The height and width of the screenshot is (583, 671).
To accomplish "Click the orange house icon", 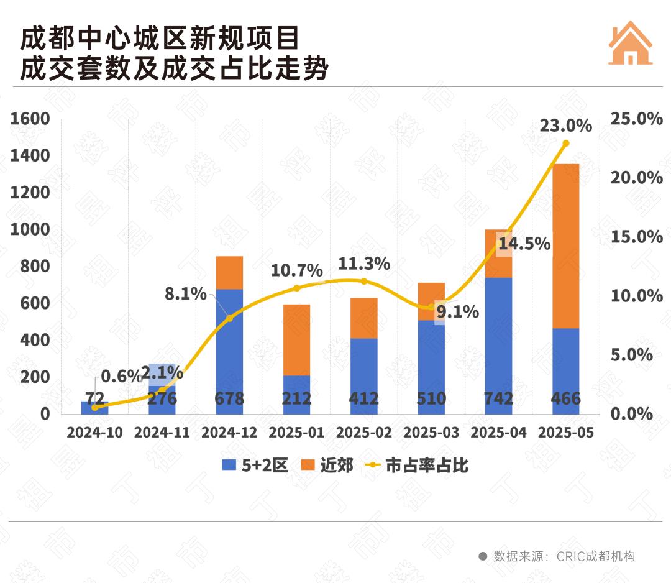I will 630,43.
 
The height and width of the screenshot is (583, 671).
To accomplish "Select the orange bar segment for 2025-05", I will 565,246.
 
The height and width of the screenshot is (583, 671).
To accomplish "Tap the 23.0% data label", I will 565,126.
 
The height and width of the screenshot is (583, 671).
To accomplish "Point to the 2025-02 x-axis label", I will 363,432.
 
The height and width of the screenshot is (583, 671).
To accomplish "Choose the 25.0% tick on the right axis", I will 637,119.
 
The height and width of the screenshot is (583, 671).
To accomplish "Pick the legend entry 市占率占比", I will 416,466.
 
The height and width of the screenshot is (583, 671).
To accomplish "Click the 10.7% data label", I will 296,271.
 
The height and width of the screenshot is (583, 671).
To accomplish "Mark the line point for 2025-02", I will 364,281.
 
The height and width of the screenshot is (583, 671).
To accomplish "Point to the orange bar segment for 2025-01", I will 296,339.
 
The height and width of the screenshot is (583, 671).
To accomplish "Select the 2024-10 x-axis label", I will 95,432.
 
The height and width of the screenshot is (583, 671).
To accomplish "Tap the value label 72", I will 95,398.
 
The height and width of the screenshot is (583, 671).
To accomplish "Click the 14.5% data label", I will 524,244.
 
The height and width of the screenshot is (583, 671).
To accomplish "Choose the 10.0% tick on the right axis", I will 637,296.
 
